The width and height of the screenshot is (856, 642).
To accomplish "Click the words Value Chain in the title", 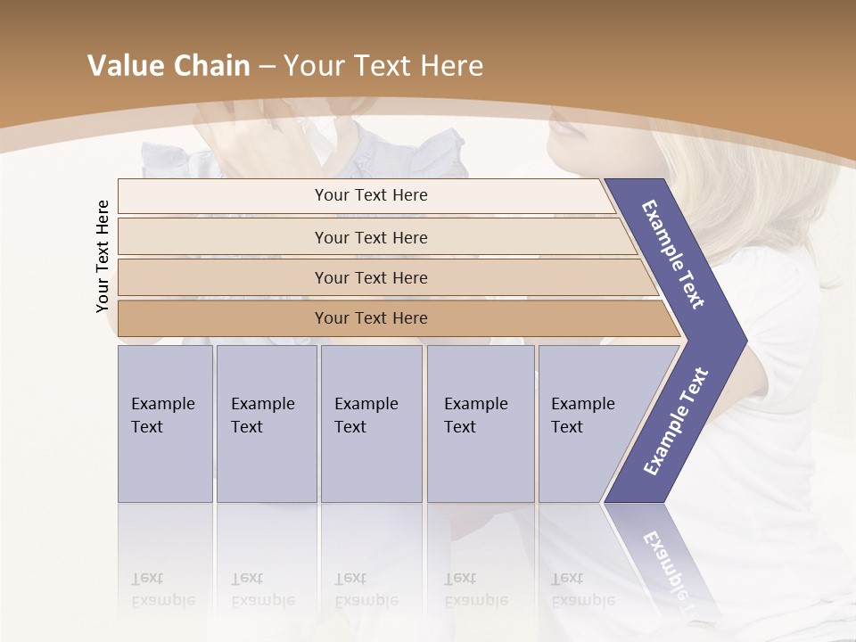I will click(169, 66).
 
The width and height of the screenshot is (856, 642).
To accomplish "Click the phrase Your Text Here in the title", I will click(383, 66).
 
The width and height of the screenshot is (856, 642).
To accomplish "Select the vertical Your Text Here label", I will click(103, 256).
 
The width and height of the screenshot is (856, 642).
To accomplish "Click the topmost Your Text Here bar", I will click(370, 195).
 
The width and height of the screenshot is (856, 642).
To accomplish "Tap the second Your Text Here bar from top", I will click(370, 237).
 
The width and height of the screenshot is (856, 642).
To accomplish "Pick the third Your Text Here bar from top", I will click(370, 277).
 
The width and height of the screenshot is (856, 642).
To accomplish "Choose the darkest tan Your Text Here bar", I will click(370, 318).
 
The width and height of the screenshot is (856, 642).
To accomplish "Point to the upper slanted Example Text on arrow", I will click(673, 254).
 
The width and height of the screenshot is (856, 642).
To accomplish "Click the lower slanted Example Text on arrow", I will click(675, 422).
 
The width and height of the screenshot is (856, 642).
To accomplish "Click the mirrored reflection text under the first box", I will click(163, 590).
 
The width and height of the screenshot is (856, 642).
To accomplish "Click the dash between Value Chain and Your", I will click(267, 67).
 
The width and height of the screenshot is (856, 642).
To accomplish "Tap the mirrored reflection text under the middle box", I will click(366, 590).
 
